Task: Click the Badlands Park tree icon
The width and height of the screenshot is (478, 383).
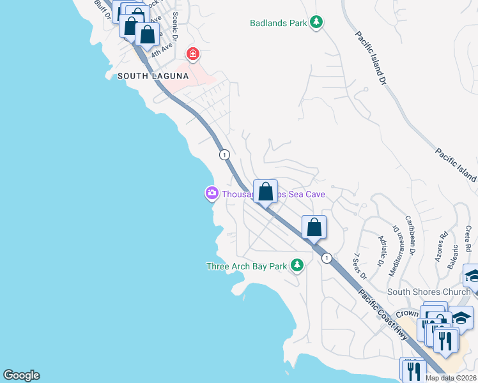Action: click(x=316, y=23)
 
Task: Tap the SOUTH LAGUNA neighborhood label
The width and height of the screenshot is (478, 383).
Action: click(x=153, y=76)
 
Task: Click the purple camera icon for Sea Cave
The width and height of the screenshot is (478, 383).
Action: click(x=211, y=193)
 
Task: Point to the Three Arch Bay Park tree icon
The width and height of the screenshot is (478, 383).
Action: click(x=297, y=265)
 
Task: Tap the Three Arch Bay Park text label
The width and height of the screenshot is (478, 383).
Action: click(x=247, y=266)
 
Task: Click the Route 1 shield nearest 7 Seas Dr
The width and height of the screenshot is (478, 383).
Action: click(x=327, y=258)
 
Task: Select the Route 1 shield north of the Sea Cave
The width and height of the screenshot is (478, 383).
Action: click(x=224, y=154)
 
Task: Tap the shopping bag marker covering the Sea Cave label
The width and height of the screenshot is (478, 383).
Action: click(x=265, y=191)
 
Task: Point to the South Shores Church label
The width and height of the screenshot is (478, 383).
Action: click(x=429, y=292)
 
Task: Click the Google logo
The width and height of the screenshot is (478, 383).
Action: click(x=21, y=375)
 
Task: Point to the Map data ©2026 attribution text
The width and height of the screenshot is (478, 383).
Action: click(x=451, y=378)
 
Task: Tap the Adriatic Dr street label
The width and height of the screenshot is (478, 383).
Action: click(x=382, y=250)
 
